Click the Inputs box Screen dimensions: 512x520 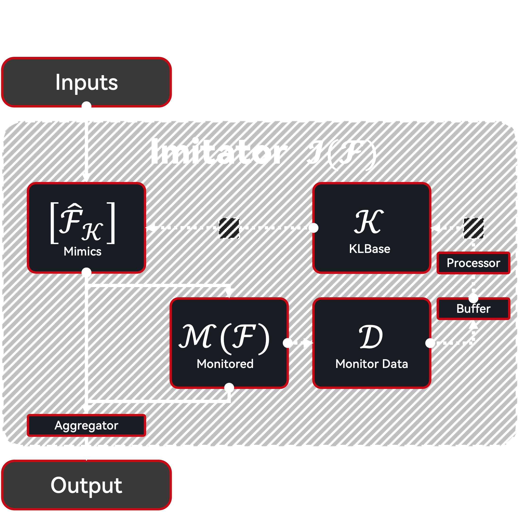click(x=86, y=82)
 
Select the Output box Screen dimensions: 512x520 click(x=86, y=485)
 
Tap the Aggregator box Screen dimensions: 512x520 click(x=86, y=425)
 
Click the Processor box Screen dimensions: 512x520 click(x=473, y=263)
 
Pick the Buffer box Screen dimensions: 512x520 click(x=473, y=309)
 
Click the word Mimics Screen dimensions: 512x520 click(x=82, y=252)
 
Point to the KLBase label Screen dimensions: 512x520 click(x=369, y=249)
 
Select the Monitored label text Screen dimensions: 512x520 click(x=225, y=364)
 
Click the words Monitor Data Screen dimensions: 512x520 click(x=372, y=364)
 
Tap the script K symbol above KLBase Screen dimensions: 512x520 click(x=369, y=222)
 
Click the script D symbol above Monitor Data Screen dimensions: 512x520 click(x=371, y=337)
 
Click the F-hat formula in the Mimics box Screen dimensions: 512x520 click(x=82, y=223)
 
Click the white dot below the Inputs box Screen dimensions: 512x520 click(x=86, y=106)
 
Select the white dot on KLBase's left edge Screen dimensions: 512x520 click(x=313, y=228)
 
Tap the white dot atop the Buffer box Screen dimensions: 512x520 click(x=473, y=298)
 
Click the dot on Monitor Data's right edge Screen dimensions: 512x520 click(x=430, y=343)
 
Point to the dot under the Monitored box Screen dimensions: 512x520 click(x=229, y=388)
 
